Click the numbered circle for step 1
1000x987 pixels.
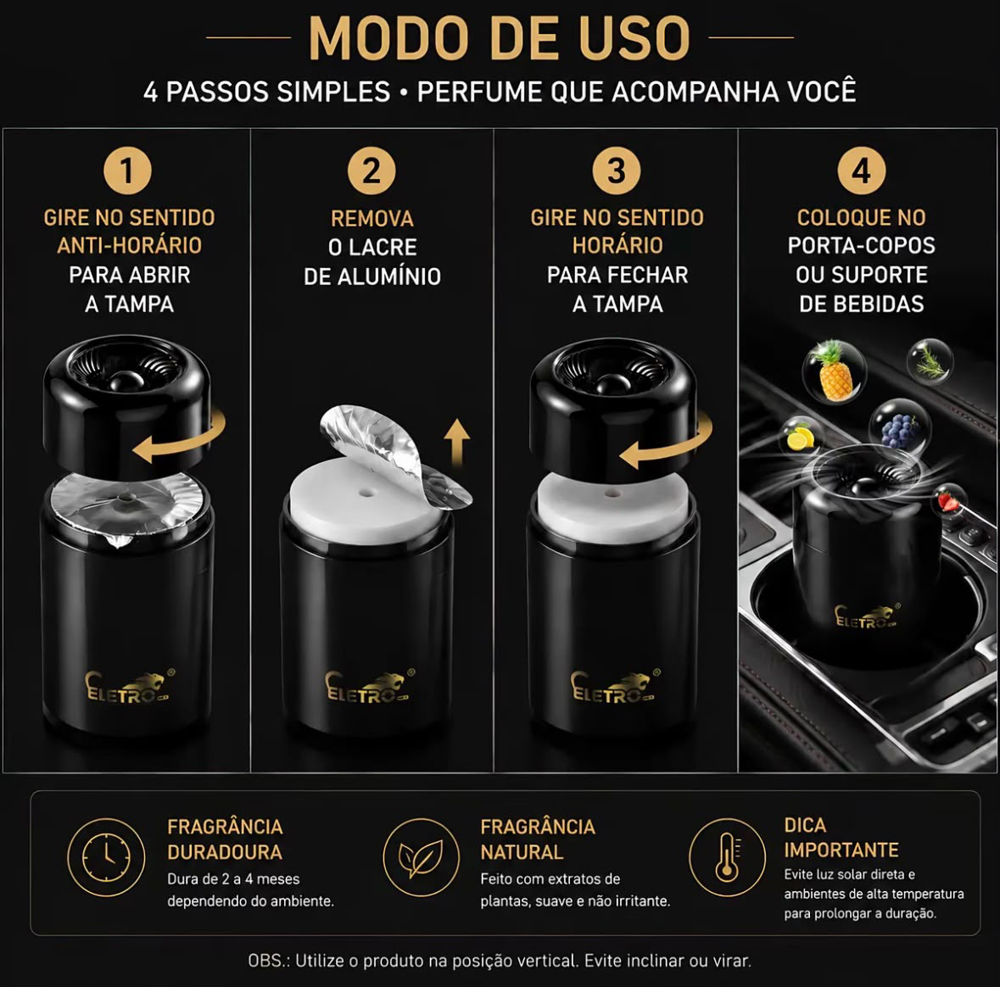(127, 171)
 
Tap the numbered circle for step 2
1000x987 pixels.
(372, 171)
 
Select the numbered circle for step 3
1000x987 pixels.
(617, 171)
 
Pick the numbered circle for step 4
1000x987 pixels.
(861, 171)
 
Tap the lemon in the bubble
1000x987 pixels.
(801, 438)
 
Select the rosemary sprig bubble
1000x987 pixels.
(930, 361)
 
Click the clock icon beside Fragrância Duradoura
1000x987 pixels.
(106, 857)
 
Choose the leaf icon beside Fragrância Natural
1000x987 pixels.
(421, 857)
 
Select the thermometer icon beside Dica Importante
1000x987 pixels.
(727, 857)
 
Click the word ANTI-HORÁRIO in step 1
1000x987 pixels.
(130, 245)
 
